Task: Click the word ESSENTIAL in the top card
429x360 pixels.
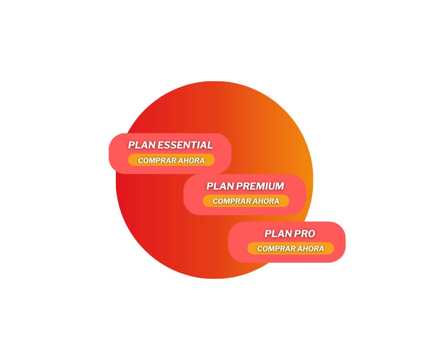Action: tap(185, 145)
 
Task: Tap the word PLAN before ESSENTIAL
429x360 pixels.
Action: tap(142, 145)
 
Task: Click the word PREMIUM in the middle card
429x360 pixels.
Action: tap(260, 186)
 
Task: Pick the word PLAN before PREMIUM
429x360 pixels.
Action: tap(220, 186)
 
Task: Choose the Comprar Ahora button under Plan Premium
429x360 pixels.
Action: tap(246, 201)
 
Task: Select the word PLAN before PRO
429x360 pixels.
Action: tap(278, 233)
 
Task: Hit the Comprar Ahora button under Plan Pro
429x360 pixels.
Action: tap(291, 248)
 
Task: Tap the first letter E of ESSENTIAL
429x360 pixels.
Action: tap(161, 145)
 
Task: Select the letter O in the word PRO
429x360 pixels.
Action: tap(311, 233)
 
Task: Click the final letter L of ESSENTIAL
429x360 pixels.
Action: tap(209, 145)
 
